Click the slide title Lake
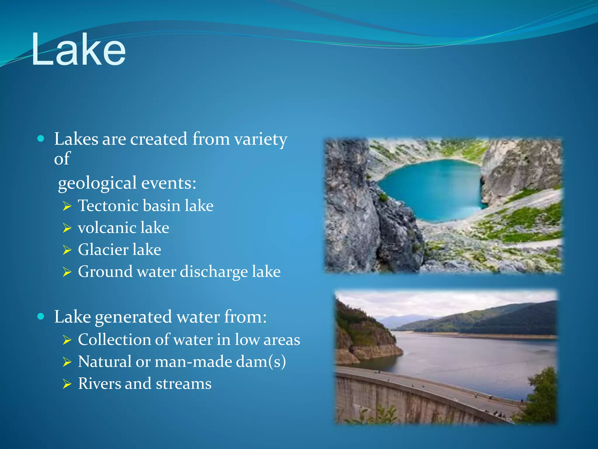(x=78, y=50)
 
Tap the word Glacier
(x=103, y=250)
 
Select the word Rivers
(x=99, y=384)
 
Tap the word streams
(x=184, y=384)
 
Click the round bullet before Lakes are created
(x=41, y=139)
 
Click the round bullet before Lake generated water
(x=41, y=316)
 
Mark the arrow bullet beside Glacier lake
(x=67, y=250)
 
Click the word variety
(x=261, y=139)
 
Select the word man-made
(x=193, y=362)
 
